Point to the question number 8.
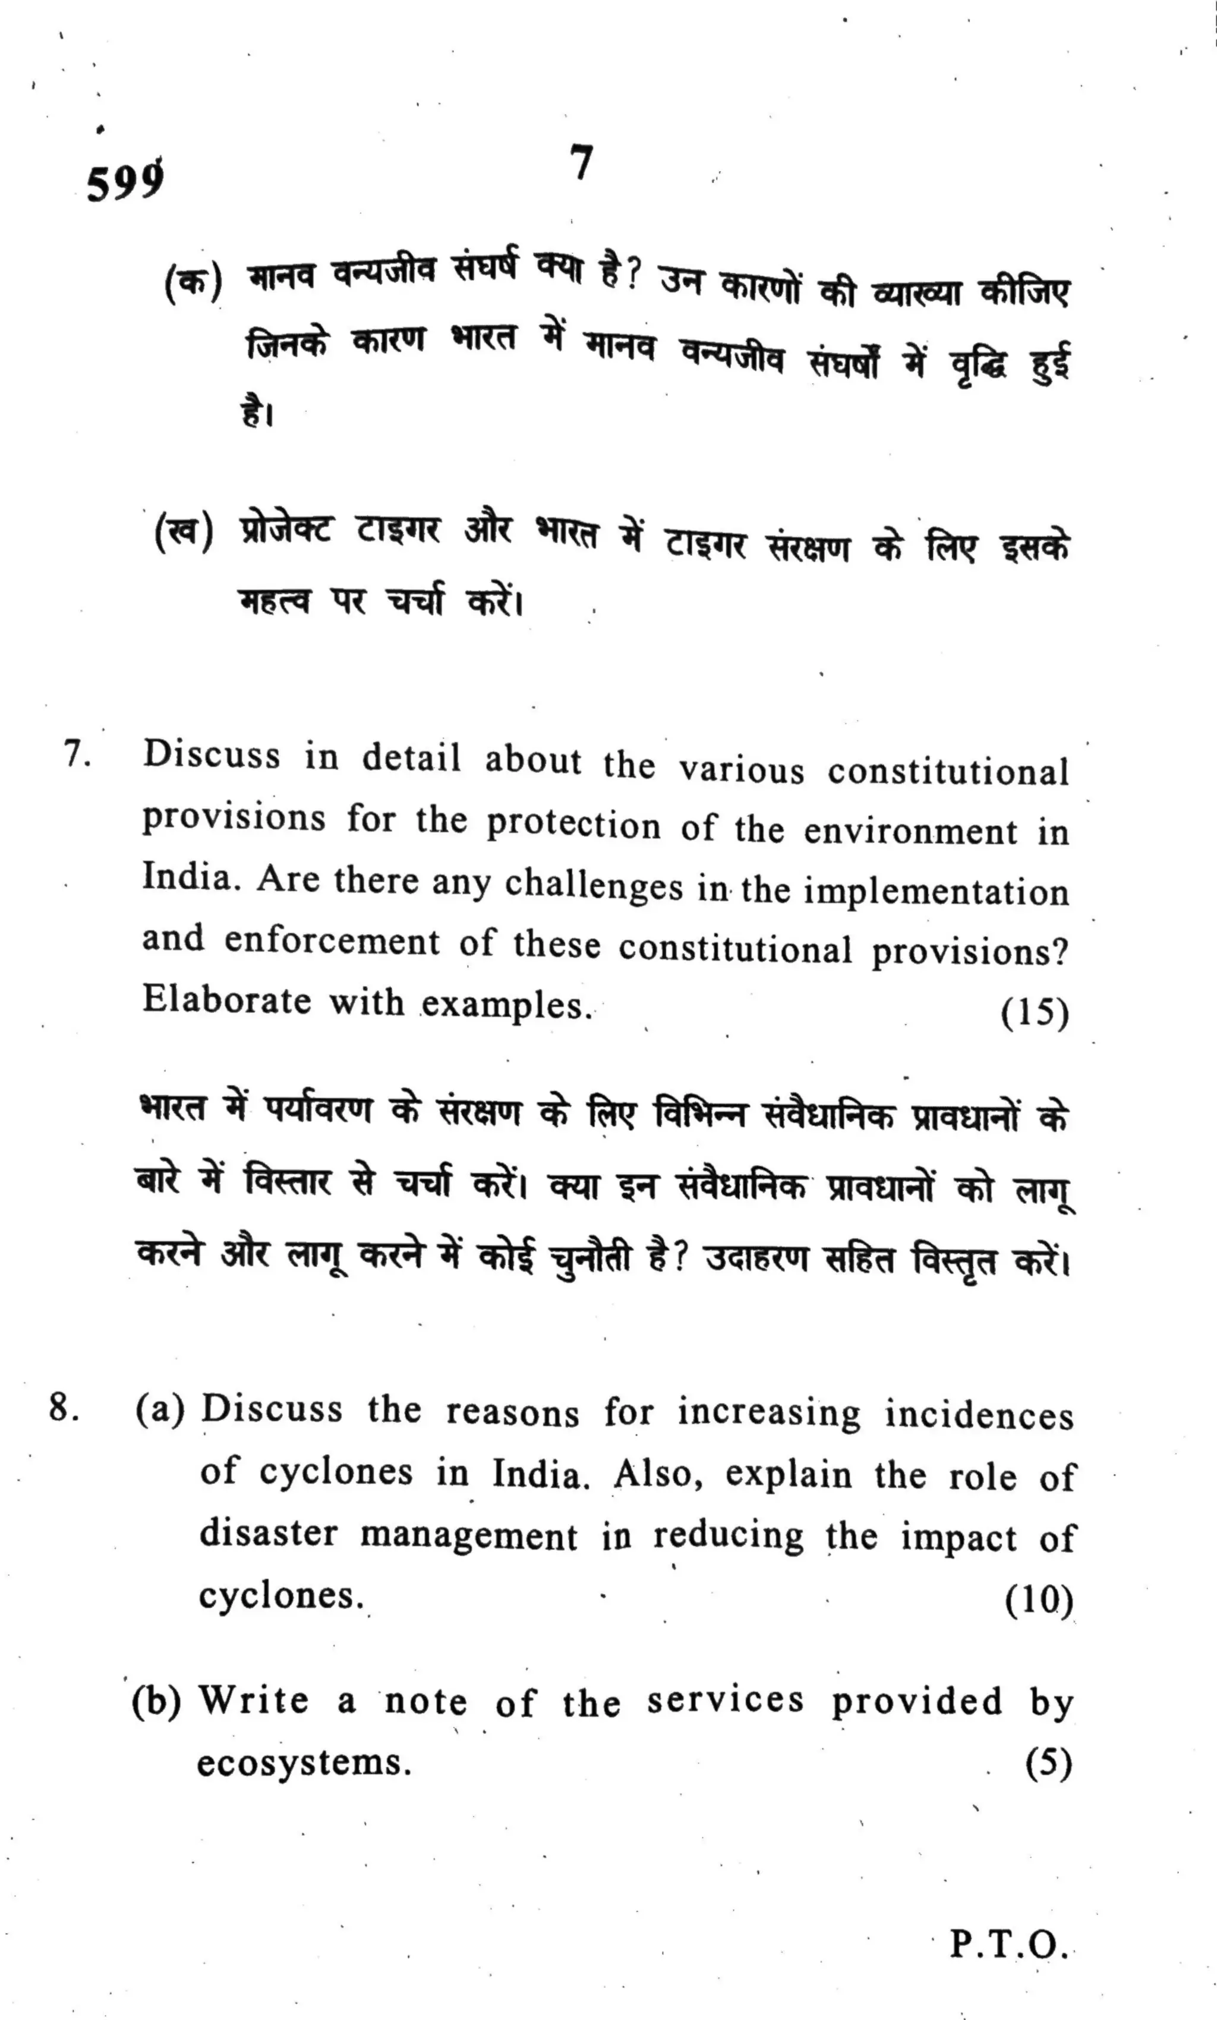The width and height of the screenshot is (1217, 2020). coord(64,1408)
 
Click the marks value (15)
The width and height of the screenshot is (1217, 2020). coord(1034,1014)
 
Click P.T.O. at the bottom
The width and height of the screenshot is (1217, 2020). coord(1009,1944)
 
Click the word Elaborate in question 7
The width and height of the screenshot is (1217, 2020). coord(227,1000)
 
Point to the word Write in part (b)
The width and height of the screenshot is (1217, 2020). coord(255,1700)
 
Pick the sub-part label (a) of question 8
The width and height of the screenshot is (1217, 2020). coord(160,1409)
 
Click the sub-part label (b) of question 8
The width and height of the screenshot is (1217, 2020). coord(156,1700)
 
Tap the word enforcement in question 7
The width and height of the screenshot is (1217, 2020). coord(332,941)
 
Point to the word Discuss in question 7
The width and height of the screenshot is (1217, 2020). coord(212,754)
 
